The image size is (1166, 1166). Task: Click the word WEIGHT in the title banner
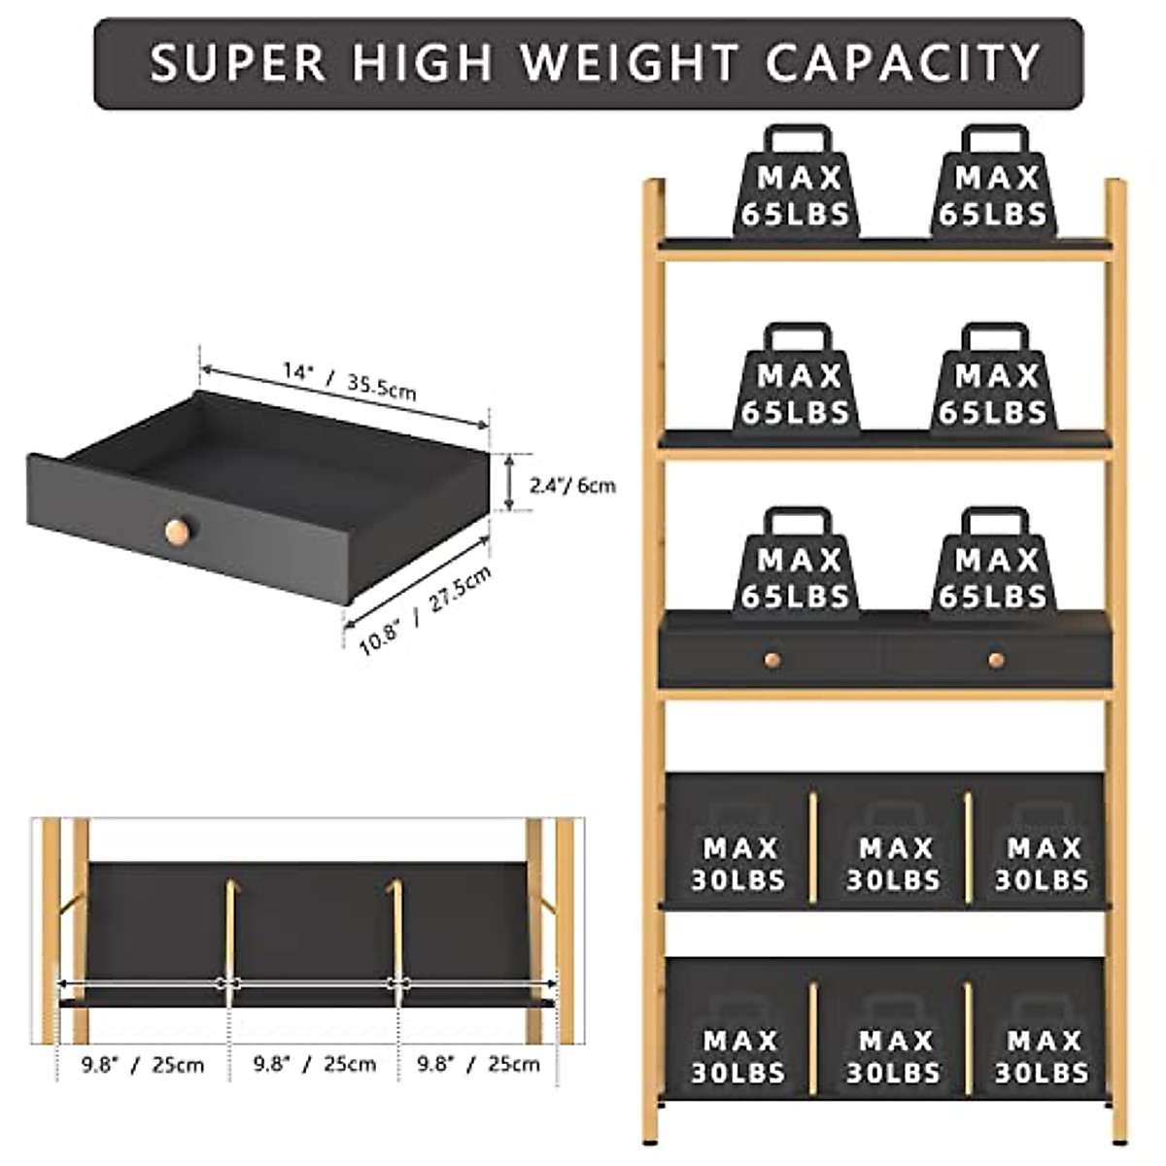[x=629, y=63]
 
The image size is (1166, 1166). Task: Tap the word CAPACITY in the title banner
[x=903, y=63]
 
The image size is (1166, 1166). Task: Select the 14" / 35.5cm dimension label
[x=350, y=380]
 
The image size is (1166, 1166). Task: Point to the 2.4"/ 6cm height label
[x=572, y=484]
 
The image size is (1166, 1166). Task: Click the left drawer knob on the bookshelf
[x=772, y=660]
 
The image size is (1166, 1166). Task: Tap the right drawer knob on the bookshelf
[x=996, y=660]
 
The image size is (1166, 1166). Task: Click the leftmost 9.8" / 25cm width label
[x=143, y=1065]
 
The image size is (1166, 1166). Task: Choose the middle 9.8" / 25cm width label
[x=315, y=1064]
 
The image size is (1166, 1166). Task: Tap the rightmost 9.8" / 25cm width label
[x=478, y=1064]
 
